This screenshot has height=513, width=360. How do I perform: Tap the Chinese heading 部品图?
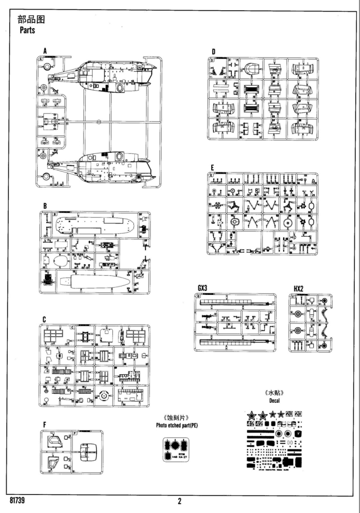click(x=31, y=20)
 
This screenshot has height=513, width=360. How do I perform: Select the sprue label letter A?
click(x=44, y=52)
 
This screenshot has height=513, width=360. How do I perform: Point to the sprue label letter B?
click(x=44, y=206)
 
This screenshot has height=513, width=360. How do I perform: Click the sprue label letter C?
click(x=44, y=319)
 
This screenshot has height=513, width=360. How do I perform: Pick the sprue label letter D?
click(x=213, y=52)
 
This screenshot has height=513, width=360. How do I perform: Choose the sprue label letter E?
click(x=212, y=167)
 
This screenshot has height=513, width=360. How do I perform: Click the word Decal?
click(x=274, y=401)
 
